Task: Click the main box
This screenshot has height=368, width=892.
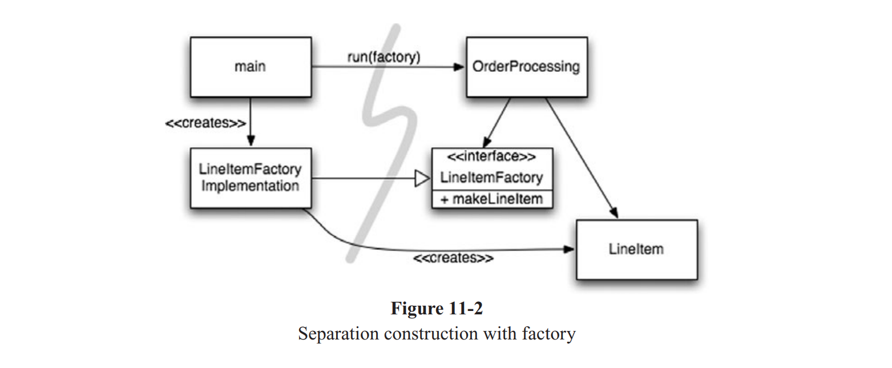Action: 251,67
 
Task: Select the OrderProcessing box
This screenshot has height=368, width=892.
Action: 526,67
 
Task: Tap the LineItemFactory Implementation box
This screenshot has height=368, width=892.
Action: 251,178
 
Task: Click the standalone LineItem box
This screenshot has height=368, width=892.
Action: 636,249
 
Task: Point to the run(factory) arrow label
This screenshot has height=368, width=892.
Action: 384,57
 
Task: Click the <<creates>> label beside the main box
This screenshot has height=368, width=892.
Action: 206,123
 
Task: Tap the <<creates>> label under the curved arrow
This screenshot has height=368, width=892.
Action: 453,258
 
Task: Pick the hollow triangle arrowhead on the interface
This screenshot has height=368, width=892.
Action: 422,179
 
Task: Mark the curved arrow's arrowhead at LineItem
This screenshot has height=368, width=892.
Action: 570,249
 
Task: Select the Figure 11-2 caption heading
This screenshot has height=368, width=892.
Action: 437,309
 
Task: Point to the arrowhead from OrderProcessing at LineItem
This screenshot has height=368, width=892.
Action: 614,214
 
